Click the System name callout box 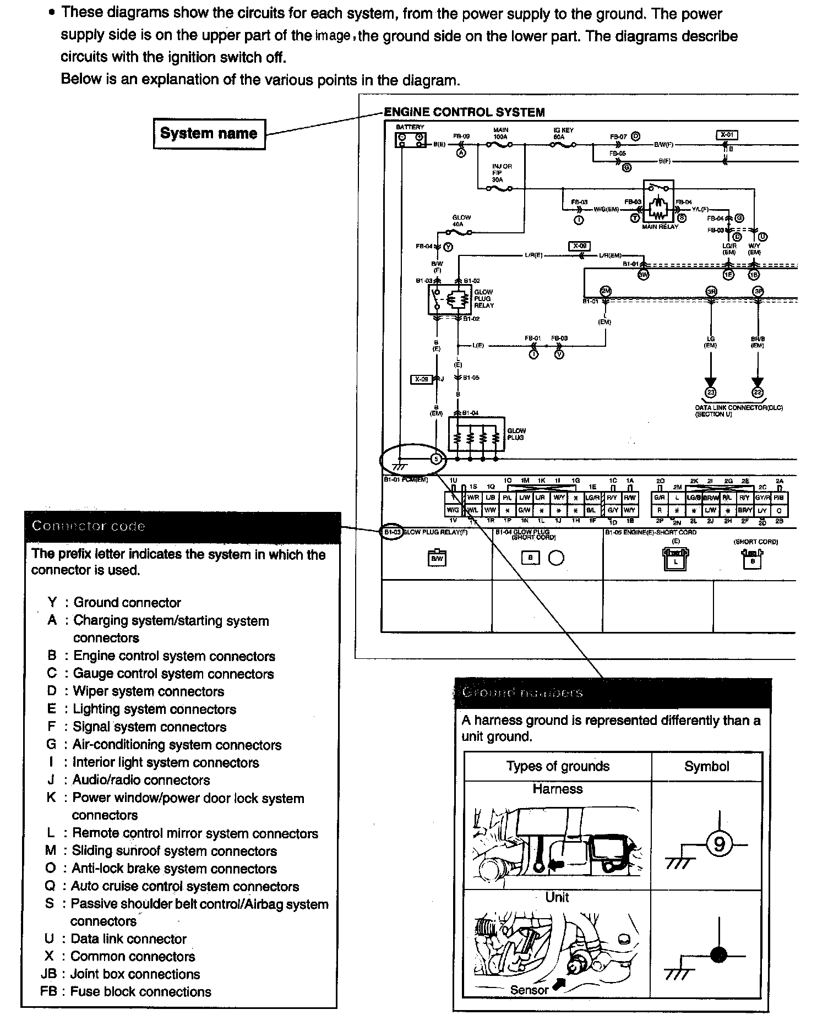pos(209,134)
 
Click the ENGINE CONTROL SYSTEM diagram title pos(464,112)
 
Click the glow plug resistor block pos(476,434)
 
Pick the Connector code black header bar pos(183,526)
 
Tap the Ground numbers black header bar pos(612,693)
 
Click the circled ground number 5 pos(436,459)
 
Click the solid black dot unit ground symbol pos(718,954)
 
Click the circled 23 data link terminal pos(711,392)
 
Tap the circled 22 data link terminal pos(758,392)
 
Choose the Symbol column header pos(706,766)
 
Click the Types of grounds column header pos(558,766)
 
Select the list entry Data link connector pos(128,938)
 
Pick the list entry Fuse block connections pos(140,991)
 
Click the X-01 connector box pos(727,135)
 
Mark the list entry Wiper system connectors pos(149,691)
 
